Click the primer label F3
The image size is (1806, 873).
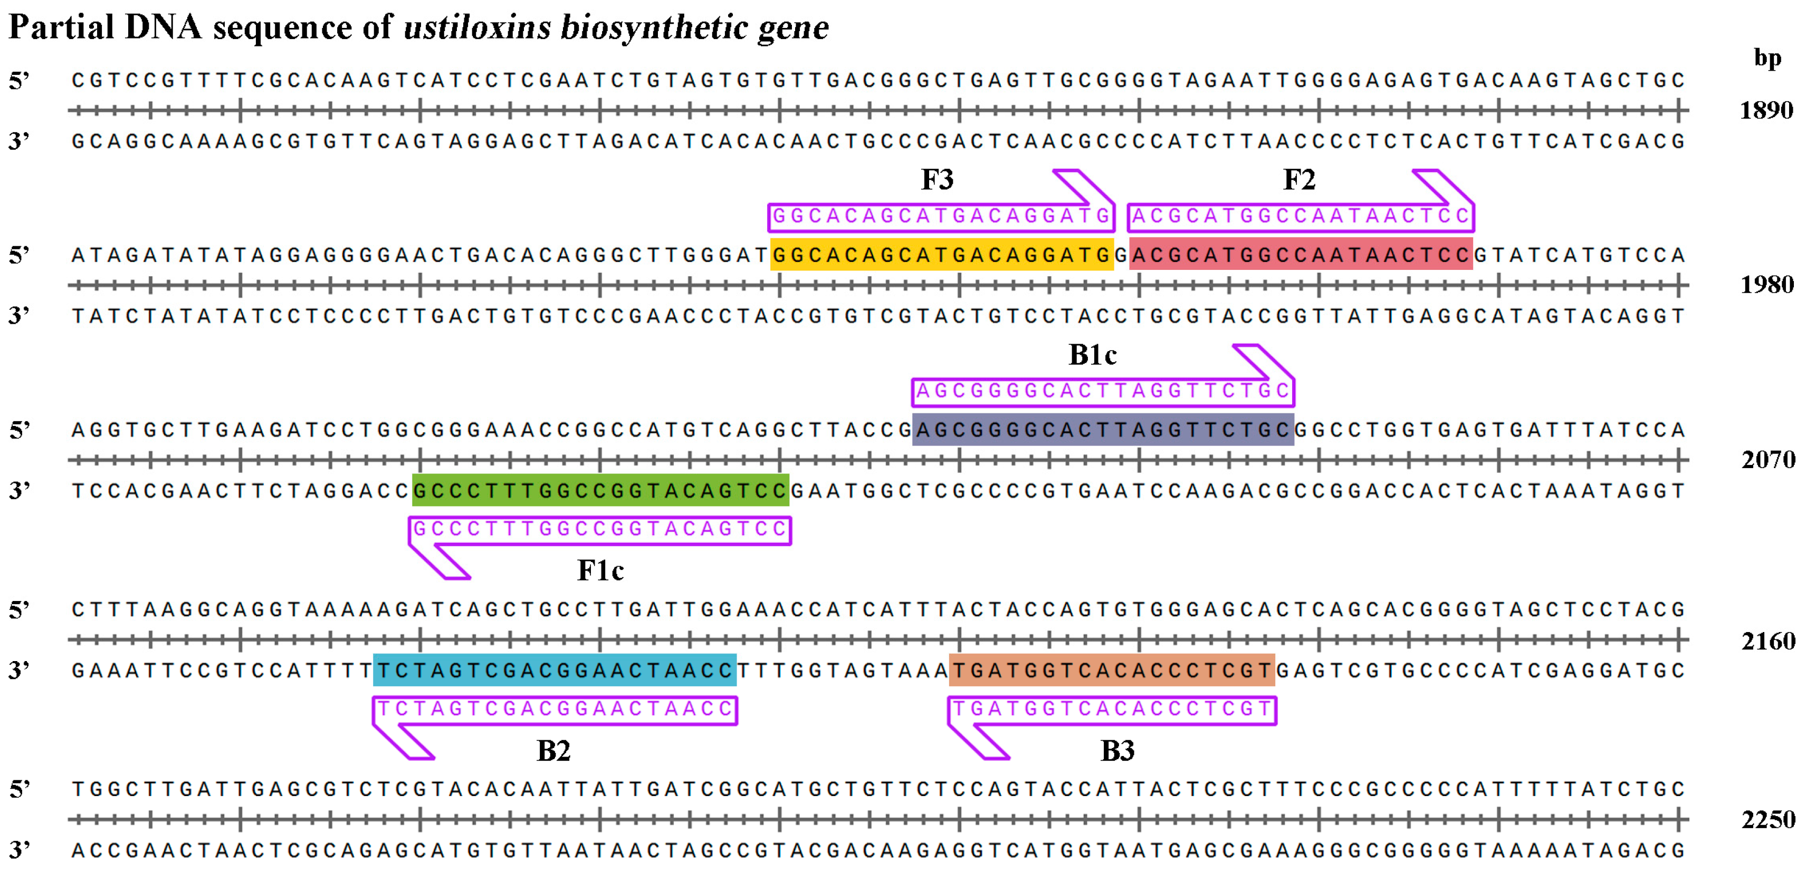tap(938, 180)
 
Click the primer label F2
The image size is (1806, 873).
tap(1299, 180)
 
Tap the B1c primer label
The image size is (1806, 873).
tap(1092, 355)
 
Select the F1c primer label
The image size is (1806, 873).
tap(600, 570)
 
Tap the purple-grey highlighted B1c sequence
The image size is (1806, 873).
tap(1103, 430)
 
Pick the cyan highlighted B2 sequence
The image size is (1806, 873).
tap(555, 671)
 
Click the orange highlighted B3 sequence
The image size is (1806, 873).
tap(1111, 671)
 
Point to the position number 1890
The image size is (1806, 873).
tap(1766, 111)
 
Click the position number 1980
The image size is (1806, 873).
tap(1766, 285)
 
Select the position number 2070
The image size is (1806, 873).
tap(1767, 460)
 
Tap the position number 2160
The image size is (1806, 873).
tap(1767, 641)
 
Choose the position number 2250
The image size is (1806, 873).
tap(1767, 820)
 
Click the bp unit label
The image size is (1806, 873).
tap(1767, 58)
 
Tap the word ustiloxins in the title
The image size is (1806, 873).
tap(477, 28)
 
